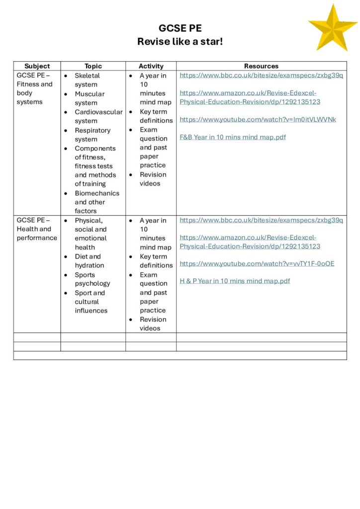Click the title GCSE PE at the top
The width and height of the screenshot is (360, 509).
[180, 28]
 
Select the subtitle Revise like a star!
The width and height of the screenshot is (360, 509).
[180, 42]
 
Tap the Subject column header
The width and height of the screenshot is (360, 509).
[37, 66]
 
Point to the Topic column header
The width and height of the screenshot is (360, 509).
[93, 66]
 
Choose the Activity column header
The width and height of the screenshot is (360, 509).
[151, 66]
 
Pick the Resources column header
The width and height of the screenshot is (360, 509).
[261, 66]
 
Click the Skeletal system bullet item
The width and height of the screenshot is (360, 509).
[87, 80]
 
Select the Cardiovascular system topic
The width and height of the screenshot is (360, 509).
[98, 116]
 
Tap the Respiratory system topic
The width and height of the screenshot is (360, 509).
[92, 135]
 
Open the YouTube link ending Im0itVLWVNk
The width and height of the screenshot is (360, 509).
[258, 119]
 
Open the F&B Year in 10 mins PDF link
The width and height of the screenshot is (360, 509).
[233, 137]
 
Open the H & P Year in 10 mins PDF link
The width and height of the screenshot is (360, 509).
[235, 281]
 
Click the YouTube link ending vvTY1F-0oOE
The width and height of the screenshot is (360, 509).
[257, 263]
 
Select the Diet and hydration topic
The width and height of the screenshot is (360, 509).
[89, 261]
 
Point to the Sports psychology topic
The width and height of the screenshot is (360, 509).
[92, 279]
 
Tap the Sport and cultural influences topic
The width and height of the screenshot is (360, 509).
[91, 302]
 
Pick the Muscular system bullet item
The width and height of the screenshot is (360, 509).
[90, 98]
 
